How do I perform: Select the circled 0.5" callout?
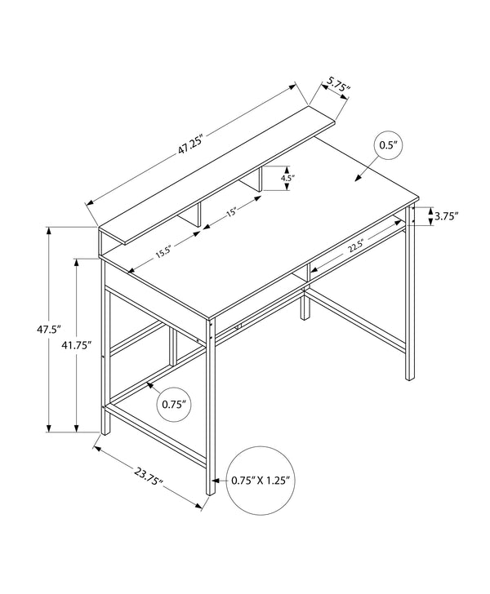(389, 146)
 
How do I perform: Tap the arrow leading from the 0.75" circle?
(153, 387)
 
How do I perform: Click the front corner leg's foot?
(210, 488)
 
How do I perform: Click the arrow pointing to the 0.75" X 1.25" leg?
(219, 481)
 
